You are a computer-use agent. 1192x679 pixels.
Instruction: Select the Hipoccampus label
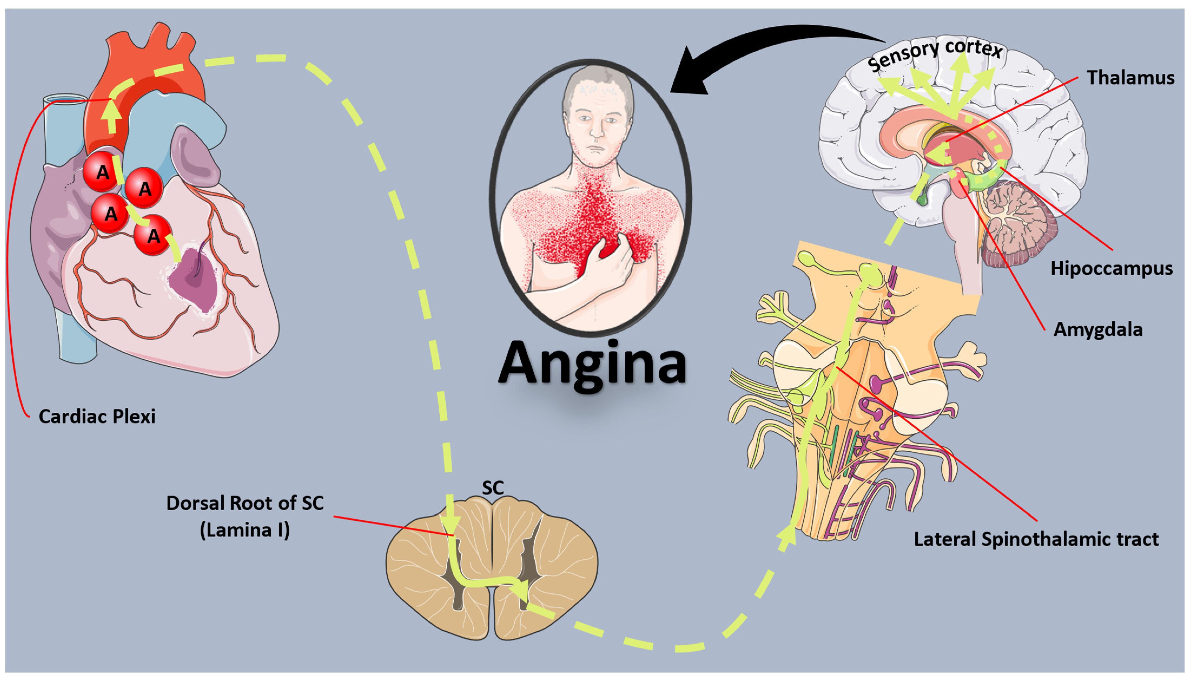click(x=1111, y=269)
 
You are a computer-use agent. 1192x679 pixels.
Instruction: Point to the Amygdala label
click(x=1098, y=330)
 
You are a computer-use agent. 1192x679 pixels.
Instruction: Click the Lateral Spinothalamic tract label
click(x=1036, y=539)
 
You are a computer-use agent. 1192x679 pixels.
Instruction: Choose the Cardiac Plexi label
click(x=97, y=416)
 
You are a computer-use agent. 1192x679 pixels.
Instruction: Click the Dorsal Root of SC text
click(x=245, y=503)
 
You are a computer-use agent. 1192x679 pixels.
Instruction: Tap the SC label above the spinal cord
click(x=492, y=488)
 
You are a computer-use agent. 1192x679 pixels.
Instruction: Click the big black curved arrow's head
click(x=690, y=75)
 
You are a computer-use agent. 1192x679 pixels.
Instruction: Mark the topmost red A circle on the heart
click(x=102, y=172)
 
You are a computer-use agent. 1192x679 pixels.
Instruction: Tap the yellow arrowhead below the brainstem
click(x=787, y=536)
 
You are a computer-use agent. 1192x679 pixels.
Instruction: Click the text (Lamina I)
click(x=245, y=530)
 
